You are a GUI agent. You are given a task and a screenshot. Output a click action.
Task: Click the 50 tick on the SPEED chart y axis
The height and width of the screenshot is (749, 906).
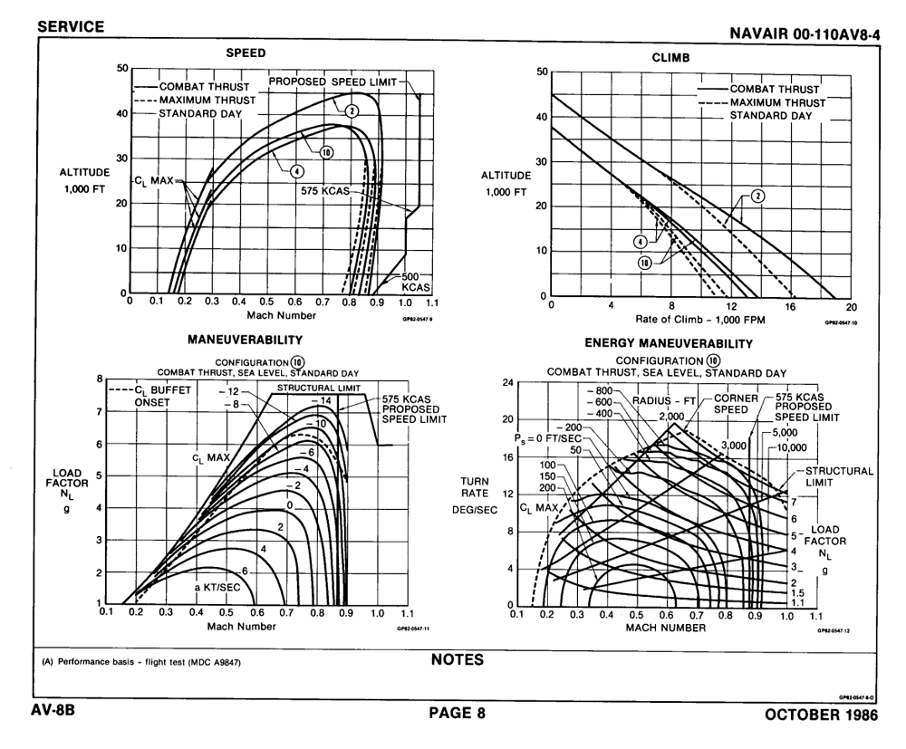pos(124,68)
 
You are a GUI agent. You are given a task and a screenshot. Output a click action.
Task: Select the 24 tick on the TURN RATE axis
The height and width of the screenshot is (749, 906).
pos(507,382)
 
